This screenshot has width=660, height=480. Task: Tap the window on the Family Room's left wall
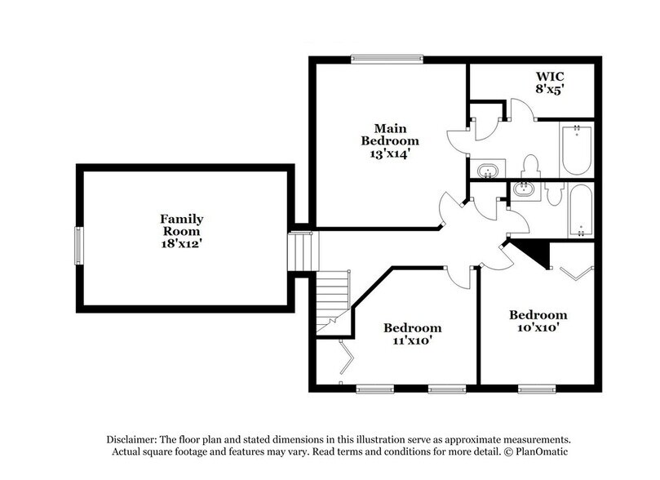pos(79,246)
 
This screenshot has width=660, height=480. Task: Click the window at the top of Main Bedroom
pos(387,57)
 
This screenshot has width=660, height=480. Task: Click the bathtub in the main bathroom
pos(576,149)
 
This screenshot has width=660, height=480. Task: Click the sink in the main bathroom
pos(488,171)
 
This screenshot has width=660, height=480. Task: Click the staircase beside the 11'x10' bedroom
pos(332,297)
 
